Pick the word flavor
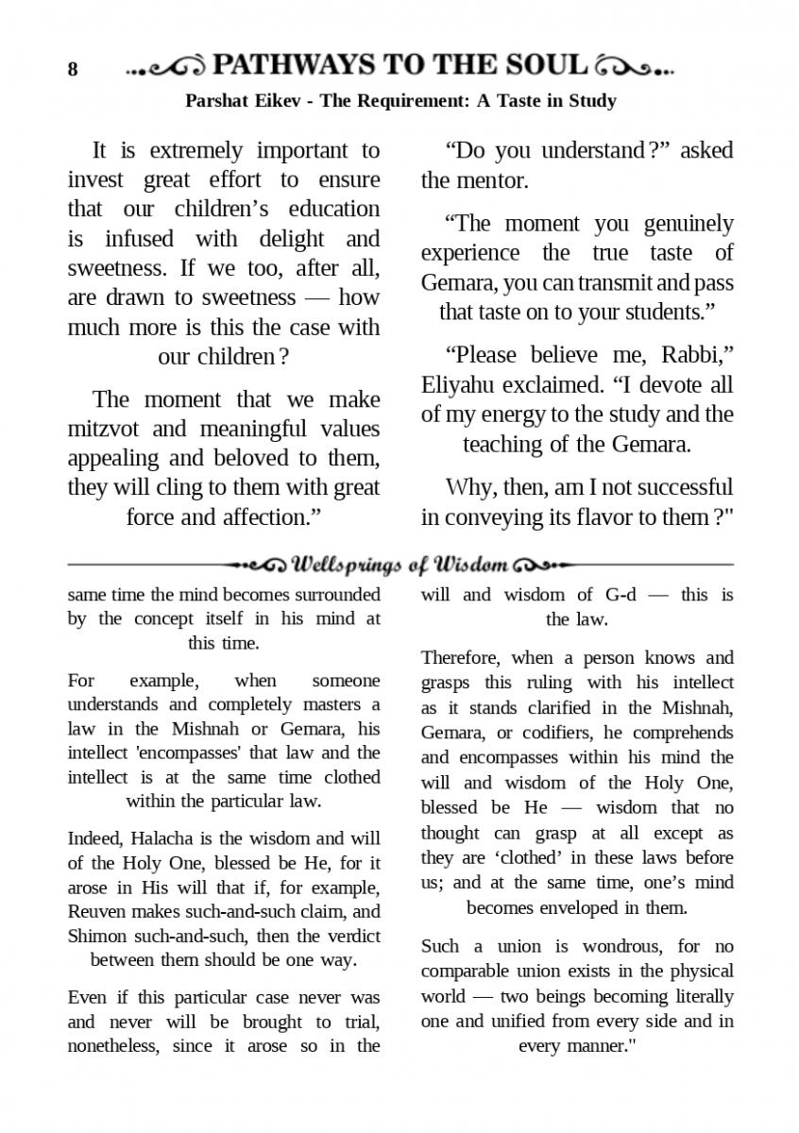(x=591, y=517)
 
